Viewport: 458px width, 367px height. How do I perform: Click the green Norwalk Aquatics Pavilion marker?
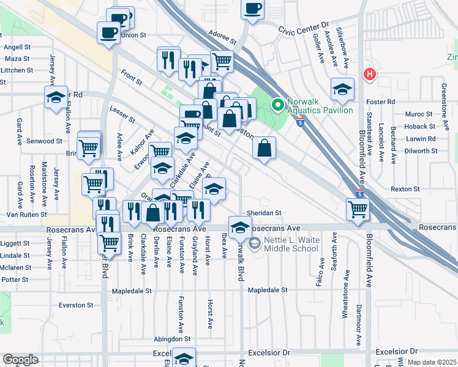tap(277, 105)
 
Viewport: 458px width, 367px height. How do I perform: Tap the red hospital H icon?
tap(369, 75)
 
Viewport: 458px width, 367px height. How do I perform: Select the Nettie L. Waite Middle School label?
tap(291, 244)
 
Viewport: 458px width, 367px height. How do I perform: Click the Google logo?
tap(20, 360)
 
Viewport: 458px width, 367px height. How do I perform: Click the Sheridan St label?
tap(263, 213)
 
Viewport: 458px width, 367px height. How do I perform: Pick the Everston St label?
tap(75, 305)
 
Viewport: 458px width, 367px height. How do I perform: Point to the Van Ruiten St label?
tap(26, 215)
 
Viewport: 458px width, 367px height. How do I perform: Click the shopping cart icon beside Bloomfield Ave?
tap(358, 209)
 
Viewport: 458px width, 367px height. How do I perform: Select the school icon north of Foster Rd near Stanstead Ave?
tap(342, 89)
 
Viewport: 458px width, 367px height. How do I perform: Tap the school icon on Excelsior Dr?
tap(184, 358)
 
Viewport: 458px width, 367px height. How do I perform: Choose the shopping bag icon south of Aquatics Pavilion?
tap(264, 147)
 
